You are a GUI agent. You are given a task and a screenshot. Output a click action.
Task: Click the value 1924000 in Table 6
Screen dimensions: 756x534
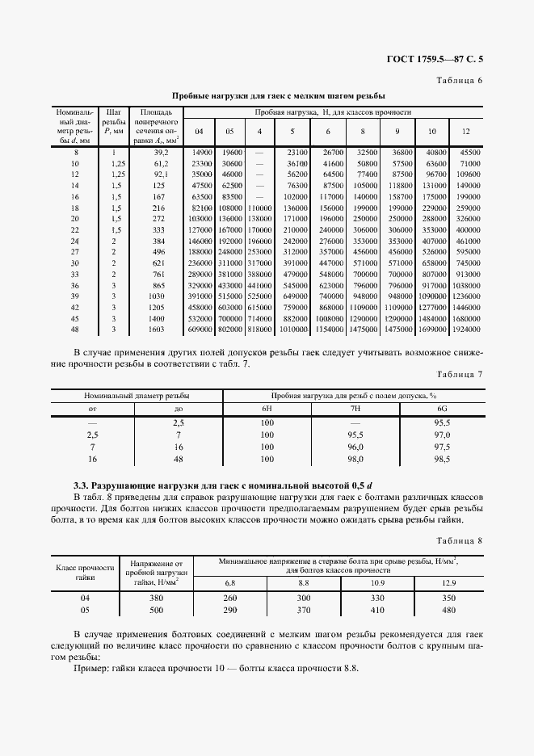(465, 330)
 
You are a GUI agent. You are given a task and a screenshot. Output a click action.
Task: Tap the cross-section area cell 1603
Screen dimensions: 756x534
(158, 330)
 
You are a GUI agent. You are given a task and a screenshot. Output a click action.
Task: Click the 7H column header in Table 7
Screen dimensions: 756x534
(355, 409)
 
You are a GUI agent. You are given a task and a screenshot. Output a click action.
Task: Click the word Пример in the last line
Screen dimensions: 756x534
(90, 670)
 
